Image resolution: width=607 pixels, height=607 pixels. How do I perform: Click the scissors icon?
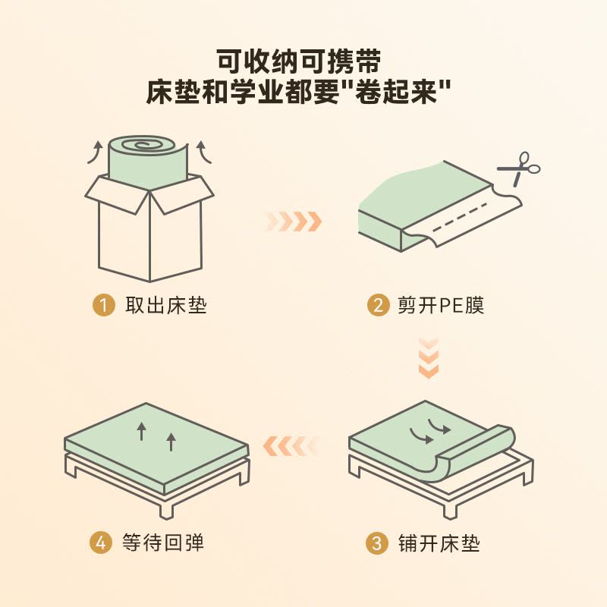[x=519, y=168]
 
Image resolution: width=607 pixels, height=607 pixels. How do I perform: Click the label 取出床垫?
[x=166, y=307]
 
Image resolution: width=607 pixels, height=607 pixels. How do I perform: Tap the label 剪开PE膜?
[x=441, y=307]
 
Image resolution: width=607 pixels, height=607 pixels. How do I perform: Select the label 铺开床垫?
[x=439, y=543]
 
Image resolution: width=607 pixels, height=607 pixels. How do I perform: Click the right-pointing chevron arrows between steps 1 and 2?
[x=294, y=222]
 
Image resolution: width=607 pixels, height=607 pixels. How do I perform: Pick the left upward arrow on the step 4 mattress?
[x=141, y=432]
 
